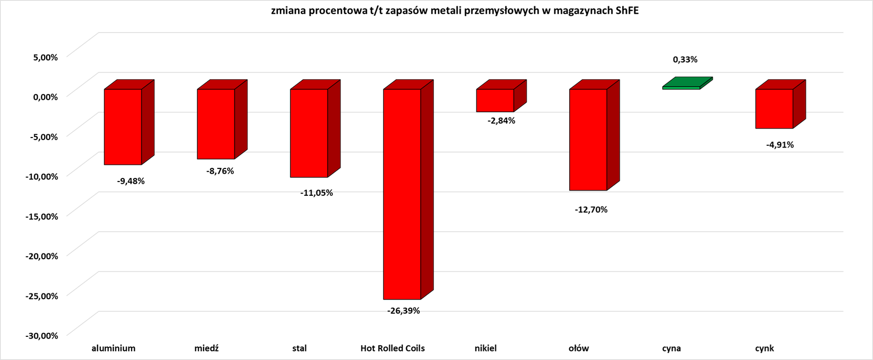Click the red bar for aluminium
click(x=123, y=127)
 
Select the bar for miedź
click(x=216, y=124)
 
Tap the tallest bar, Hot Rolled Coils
click(x=402, y=194)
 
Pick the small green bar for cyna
click(x=681, y=88)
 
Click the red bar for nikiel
click(x=495, y=100)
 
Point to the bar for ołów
click(x=588, y=140)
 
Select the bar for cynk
click(x=774, y=109)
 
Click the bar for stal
click(x=309, y=133)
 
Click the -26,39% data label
click(x=403, y=311)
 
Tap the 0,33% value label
click(x=685, y=60)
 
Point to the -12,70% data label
click(x=591, y=210)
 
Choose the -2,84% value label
click(x=501, y=121)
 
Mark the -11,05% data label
click(x=316, y=193)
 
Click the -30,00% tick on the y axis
click(x=41, y=335)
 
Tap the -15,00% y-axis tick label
click(x=41, y=216)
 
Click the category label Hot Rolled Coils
click(x=392, y=348)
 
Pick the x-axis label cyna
click(x=672, y=348)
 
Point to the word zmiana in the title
click(x=286, y=11)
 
